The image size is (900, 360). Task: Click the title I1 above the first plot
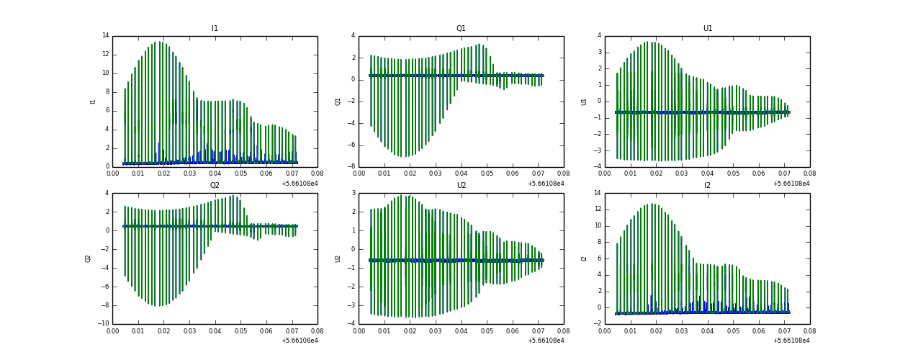pyautogui.click(x=215, y=29)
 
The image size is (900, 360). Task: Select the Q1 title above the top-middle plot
pyautogui.click(x=461, y=29)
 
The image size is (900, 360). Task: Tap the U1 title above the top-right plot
pyautogui.click(x=707, y=29)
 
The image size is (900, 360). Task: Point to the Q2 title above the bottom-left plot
pyautogui.click(x=215, y=186)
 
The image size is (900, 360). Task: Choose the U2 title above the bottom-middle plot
pyautogui.click(x=461, y=186)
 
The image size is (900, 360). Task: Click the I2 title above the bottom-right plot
pyautogui.click(x=707, y=186)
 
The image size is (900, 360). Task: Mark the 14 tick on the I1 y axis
pyautogui.click(x=105, y=35)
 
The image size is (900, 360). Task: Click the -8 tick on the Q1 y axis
pyautogui.click(x=351, y=166)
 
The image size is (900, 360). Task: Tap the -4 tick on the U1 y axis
pyautogui.click(x=597, y=166)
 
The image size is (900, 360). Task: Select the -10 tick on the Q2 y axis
pyautogui.click(x=103, y=323)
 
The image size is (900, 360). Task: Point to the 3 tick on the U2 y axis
pyautogui.click(x=353, y=193)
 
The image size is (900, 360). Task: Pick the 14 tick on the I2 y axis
pyautogui.click(x=597, y=193)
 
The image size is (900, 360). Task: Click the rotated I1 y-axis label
pyautogui.click(x=93, y=101)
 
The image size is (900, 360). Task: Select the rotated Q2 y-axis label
pyautogui.click(x=89, y=258)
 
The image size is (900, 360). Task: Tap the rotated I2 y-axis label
pyautogui.click(x=585, y=258)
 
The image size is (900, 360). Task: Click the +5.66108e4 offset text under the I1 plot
pyautogui.click(x=300, y=183)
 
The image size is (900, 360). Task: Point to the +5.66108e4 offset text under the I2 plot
pyautogui.click(x=791, y=340)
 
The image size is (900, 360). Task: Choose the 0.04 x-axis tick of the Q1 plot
pyautogui.click(x=462, y=174)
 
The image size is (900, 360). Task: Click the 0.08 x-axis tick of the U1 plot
pyautogui.click(x=809, y=174)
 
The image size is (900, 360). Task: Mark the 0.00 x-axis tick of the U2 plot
pyautogui.click(x=359, y=330)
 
